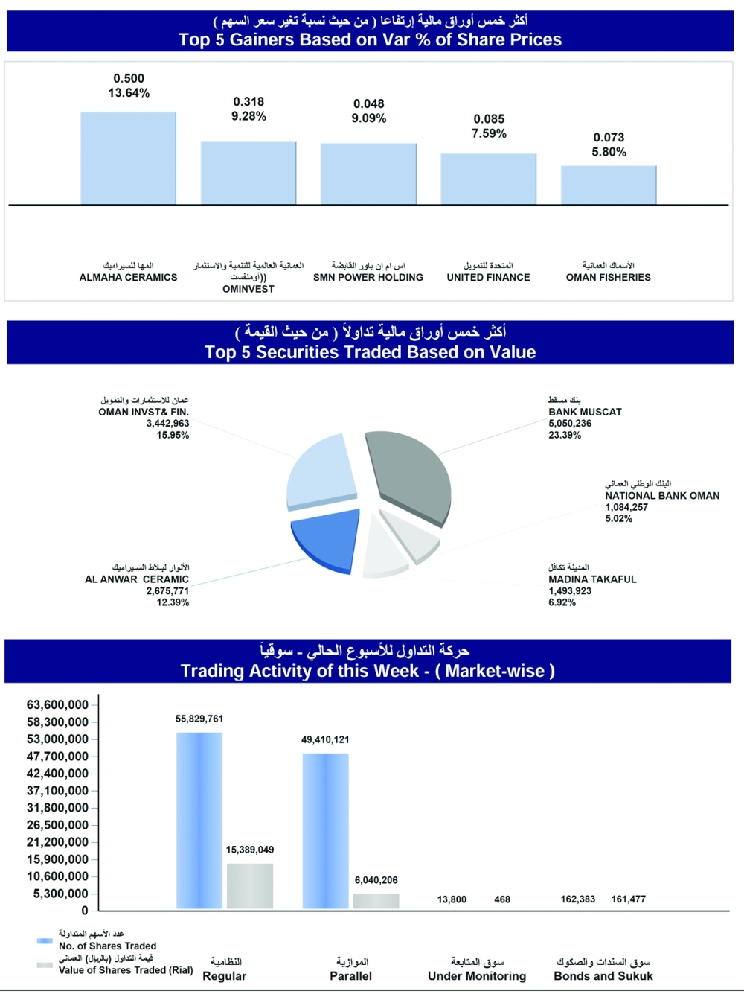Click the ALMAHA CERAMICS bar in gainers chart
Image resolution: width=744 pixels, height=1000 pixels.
coord(129,159)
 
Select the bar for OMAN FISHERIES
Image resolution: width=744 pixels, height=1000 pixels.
coord(609,185)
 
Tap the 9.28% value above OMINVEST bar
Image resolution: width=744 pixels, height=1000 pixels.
coord(248,116)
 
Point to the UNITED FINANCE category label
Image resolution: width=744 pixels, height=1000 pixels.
coord(489,277)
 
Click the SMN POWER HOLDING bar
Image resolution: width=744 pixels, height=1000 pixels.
coord(368,174)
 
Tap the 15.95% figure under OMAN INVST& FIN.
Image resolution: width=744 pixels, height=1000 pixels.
coord(173,435)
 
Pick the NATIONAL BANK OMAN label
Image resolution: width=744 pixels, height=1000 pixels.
coord(662,495)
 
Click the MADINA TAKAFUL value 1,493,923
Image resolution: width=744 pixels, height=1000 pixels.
coord(570,591)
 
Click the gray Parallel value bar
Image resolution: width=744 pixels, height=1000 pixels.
coord(376,901)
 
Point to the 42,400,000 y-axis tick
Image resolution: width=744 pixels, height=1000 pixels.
coord(57,774)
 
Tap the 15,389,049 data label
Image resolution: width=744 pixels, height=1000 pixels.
coord(250,850)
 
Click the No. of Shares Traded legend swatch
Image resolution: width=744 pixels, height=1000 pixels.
coord(45,941)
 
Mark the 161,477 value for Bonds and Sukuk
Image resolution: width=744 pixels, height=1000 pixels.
coord(628,899)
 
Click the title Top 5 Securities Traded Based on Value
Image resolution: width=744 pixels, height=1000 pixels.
coord(371,352)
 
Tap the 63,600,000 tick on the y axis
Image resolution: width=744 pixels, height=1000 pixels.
coord(57,704)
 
